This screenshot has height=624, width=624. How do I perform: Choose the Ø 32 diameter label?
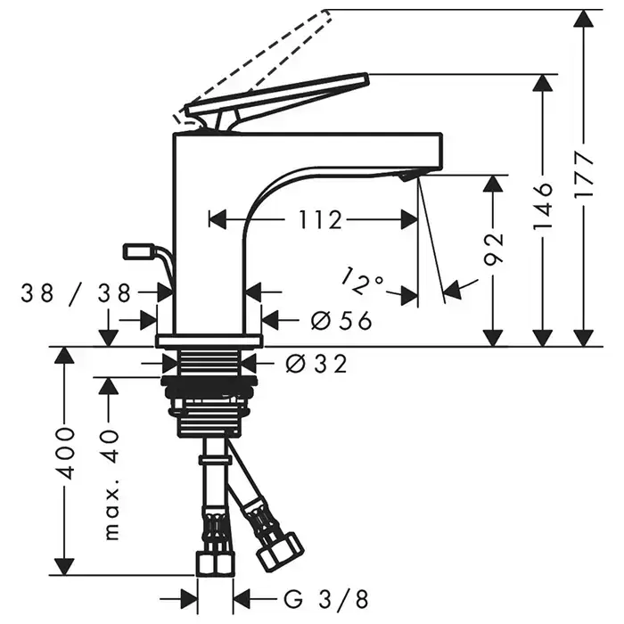tap(313, 364)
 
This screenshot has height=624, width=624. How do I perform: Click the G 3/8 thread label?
tap(304, 596)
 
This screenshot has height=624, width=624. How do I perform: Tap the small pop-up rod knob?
tap(138, 250)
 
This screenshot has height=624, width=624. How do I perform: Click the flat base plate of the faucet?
tap(209, 341)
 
